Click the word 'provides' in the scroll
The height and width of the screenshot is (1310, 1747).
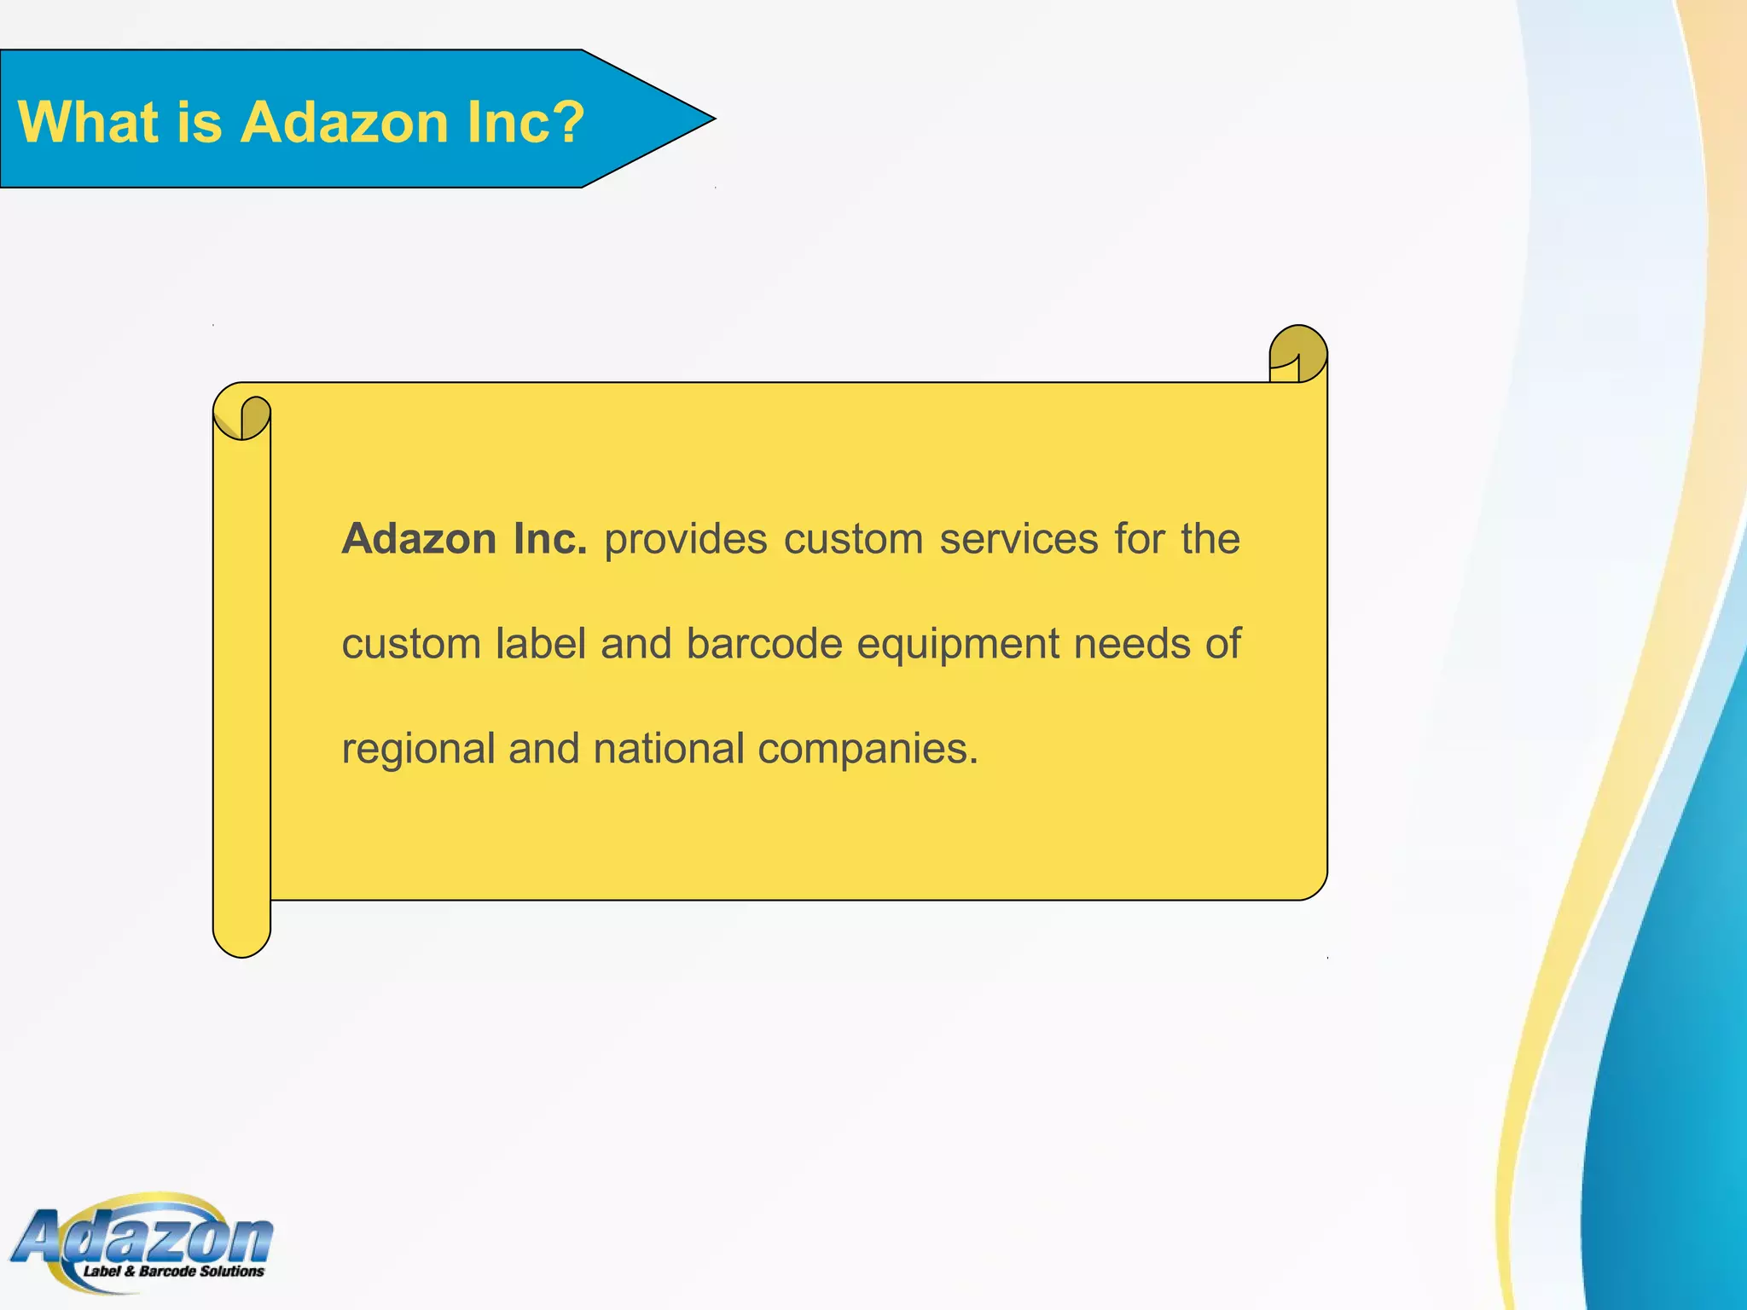click(686, 540)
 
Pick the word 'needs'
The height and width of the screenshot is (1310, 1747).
click(1132, 644)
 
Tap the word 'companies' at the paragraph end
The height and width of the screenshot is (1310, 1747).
click(862, 750)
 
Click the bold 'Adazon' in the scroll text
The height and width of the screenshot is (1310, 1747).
click(419, 539)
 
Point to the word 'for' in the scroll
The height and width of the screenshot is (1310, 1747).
click(1139, 539)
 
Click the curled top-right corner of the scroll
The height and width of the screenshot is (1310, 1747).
click(1297, 354)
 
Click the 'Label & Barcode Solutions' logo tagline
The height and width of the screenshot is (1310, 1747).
click(173, 1272)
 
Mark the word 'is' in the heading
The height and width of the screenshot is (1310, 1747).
click(200, 122)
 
